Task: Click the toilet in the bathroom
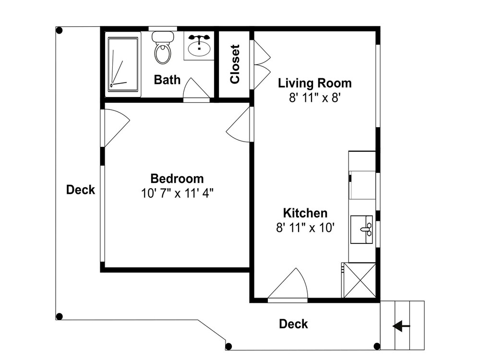tap(162, 47)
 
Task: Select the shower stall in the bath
tap(123, 64)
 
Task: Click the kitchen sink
tap(361, 229)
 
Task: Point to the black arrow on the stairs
tap(401, 326)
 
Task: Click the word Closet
tap(235, 64)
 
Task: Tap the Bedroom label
tap(177, 179)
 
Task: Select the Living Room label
tap(315, 83)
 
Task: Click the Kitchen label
tap(305, 213)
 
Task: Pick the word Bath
tap(167, 80)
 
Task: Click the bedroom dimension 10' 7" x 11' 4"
tap(177, 193)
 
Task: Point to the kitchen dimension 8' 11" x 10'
tap(305, 228)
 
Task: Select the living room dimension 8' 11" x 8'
tap(315, 98)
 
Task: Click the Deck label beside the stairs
tap(293, 324)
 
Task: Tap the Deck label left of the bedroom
tap(81, 190)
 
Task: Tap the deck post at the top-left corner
tap(60, 30)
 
